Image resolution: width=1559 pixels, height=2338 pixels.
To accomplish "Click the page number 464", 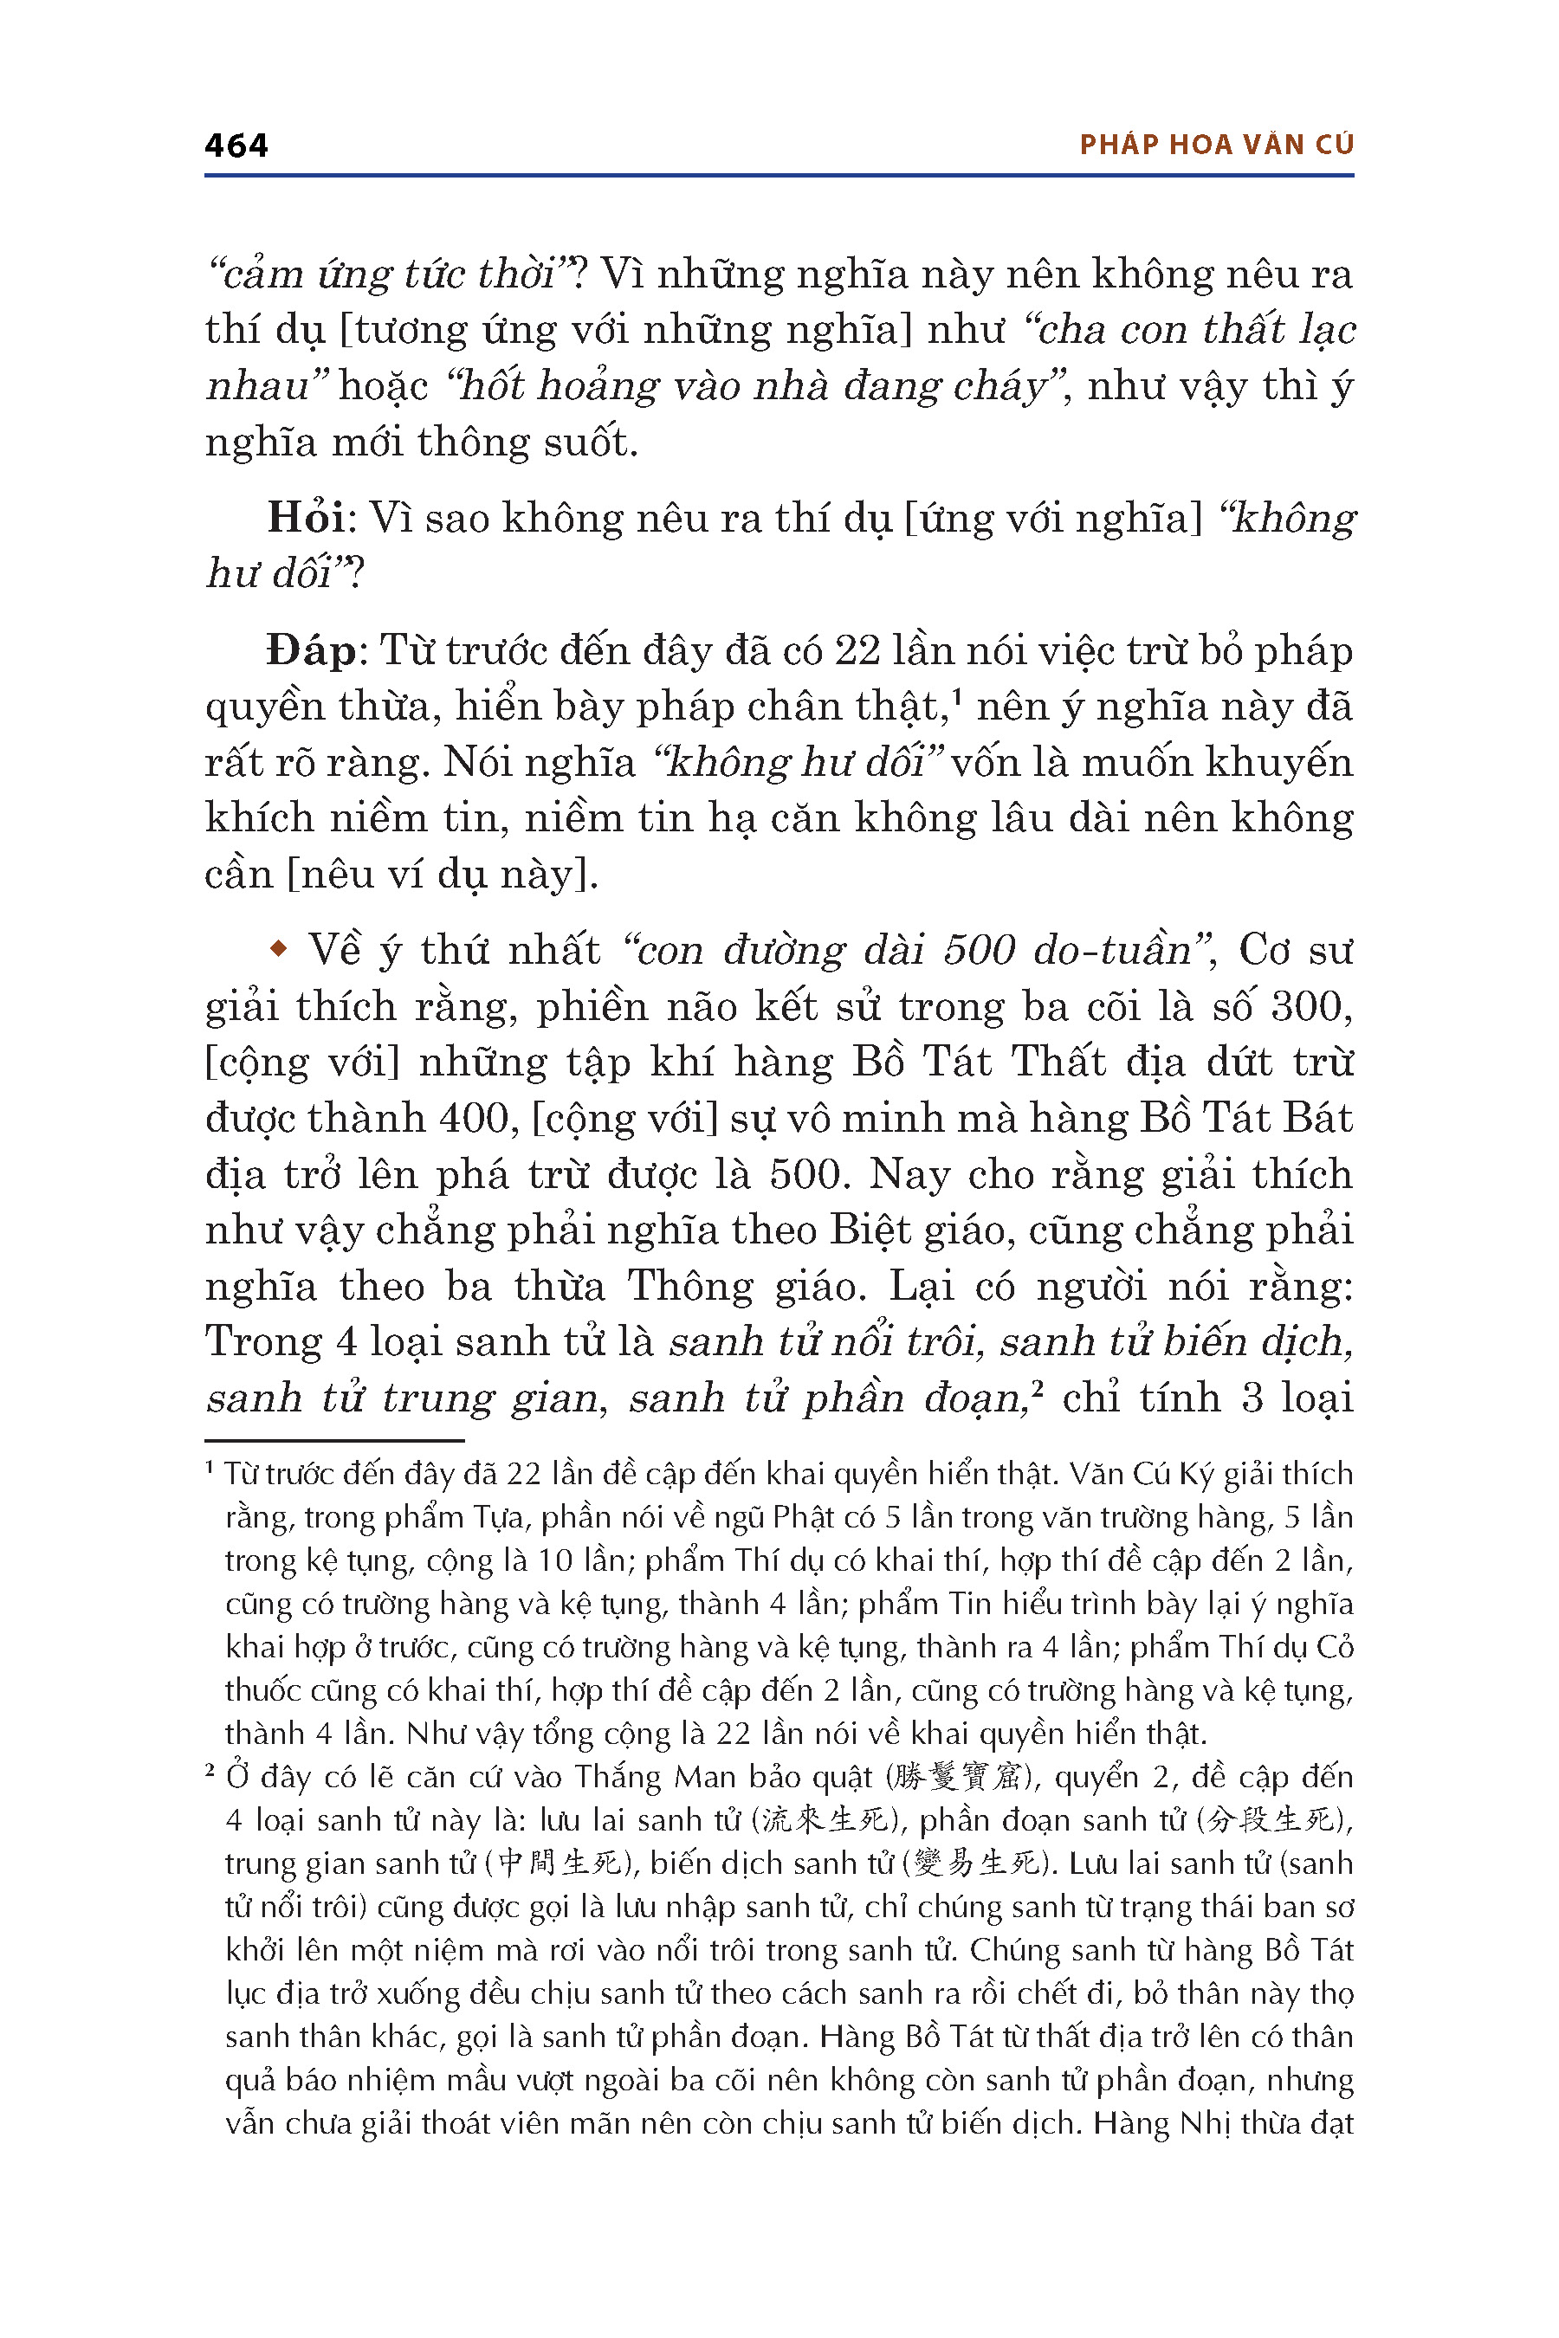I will (236, 146).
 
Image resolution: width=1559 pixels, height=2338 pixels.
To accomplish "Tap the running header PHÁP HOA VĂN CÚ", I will (1216, 145).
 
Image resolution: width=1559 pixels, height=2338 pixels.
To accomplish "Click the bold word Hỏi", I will (305, 518).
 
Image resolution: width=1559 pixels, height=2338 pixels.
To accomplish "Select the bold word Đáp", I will (310, 651).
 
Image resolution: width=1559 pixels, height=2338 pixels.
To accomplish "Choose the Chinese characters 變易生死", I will (976, 1863).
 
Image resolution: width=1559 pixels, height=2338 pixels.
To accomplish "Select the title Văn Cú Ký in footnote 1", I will (1141, 1473).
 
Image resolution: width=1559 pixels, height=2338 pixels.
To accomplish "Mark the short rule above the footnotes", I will (334, 1440).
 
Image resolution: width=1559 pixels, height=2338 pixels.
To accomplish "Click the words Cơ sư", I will (1296, 950).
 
